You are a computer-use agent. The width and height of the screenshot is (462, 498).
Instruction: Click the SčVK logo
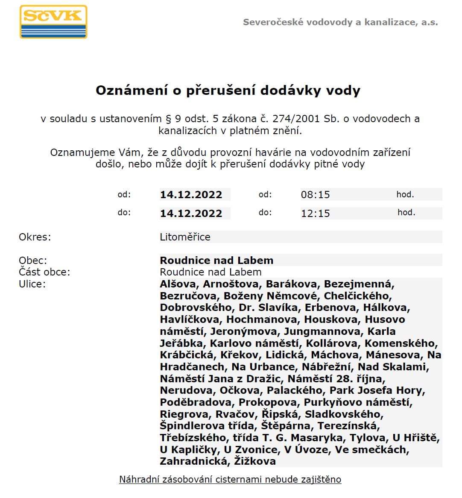tap(53, 22)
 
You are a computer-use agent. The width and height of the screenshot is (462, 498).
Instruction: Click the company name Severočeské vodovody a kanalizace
tap(340, 22)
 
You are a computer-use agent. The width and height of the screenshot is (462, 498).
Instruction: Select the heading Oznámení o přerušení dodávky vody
tap(228, 91)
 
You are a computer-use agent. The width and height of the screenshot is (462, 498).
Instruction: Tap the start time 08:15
tap(315, 195)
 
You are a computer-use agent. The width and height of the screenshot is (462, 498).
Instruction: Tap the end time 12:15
tap(315, 213)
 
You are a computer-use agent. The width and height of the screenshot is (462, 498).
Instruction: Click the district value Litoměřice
tap(185, 237)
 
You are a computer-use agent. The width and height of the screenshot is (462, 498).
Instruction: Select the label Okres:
tap(35, 237)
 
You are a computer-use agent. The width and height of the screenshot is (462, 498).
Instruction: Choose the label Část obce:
tap(44, 272)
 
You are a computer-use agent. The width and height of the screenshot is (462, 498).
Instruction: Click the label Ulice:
tap(32, 284)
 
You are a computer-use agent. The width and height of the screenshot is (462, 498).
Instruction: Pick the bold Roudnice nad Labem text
tap(216, 261)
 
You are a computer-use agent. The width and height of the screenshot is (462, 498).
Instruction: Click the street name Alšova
tap(178, 284)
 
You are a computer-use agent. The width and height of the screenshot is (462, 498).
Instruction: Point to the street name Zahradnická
tap(193, 461)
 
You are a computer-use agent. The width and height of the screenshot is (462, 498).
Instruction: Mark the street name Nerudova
tap(187, 390)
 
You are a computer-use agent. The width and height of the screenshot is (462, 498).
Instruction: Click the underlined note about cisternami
tap(230, 479)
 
